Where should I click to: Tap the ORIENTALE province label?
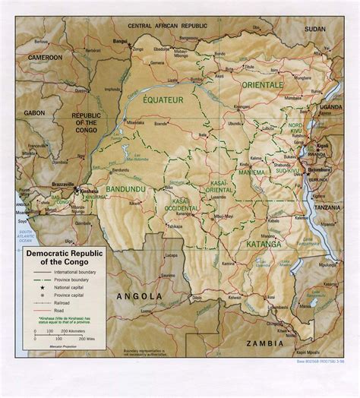tap(261, 86)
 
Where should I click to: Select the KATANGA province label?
tap(263, 245)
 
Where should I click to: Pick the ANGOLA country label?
tap(138, 295)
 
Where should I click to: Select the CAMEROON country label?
tap(46, 57)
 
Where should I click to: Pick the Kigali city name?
tap(323, 144)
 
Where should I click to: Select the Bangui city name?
tap(119, 40)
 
